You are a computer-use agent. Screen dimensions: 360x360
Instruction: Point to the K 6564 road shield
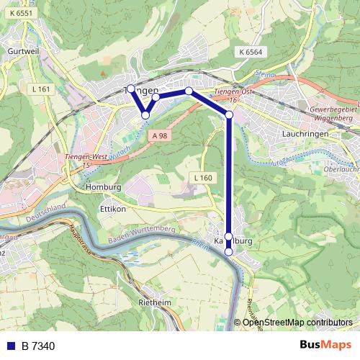250,51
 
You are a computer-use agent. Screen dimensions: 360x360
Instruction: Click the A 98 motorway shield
159,135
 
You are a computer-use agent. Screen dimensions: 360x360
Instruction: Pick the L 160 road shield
203,177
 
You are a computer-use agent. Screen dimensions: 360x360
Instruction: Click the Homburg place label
103,186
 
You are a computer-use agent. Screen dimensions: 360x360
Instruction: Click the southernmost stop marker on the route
229,252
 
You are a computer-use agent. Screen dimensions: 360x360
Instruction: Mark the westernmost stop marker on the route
130,89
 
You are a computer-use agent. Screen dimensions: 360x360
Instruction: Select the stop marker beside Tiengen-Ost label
229,114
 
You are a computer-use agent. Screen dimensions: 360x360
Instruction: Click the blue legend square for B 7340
9,346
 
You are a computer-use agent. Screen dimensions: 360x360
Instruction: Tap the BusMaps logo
326,345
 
